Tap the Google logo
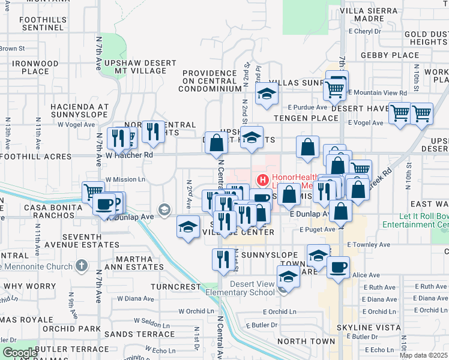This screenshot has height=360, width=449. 19,353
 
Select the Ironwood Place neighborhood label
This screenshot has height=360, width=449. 35,67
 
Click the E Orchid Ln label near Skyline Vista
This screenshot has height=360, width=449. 370,311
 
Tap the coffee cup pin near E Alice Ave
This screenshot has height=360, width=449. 339,266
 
